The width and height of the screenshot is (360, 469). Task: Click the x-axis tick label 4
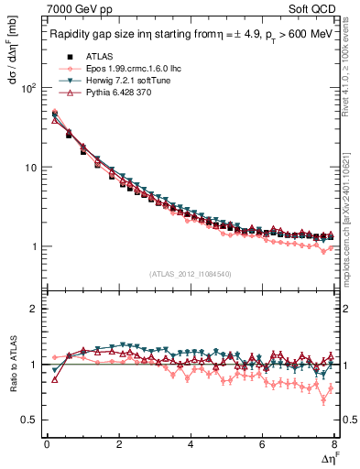[191, 444]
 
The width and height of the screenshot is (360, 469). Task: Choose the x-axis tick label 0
[47, 444]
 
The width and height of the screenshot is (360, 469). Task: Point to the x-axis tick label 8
[333, 444]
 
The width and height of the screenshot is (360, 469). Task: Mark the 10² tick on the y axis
[28, 89]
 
